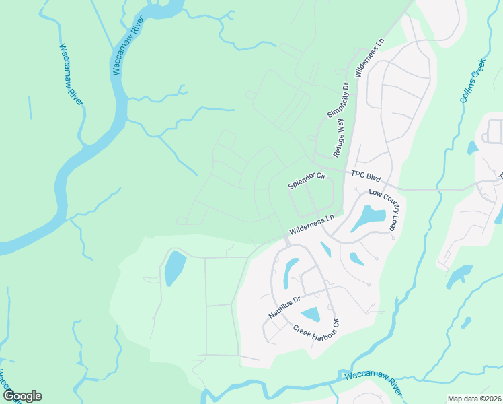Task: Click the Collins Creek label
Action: (x=473, y=80)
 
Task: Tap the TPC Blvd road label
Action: (x=366, y=176)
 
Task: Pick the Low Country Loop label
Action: (x=383, y=211)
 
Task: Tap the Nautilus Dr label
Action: (x=283, y=304)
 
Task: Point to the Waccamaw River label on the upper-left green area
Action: (x=71, y=74)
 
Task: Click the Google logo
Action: (x=22, y=396)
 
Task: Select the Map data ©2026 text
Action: (x=474, y=399)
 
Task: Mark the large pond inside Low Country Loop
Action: (x=368, y=217)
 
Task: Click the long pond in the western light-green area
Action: (x=173, y=268)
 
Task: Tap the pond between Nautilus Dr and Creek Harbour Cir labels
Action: (x=311, y=314)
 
